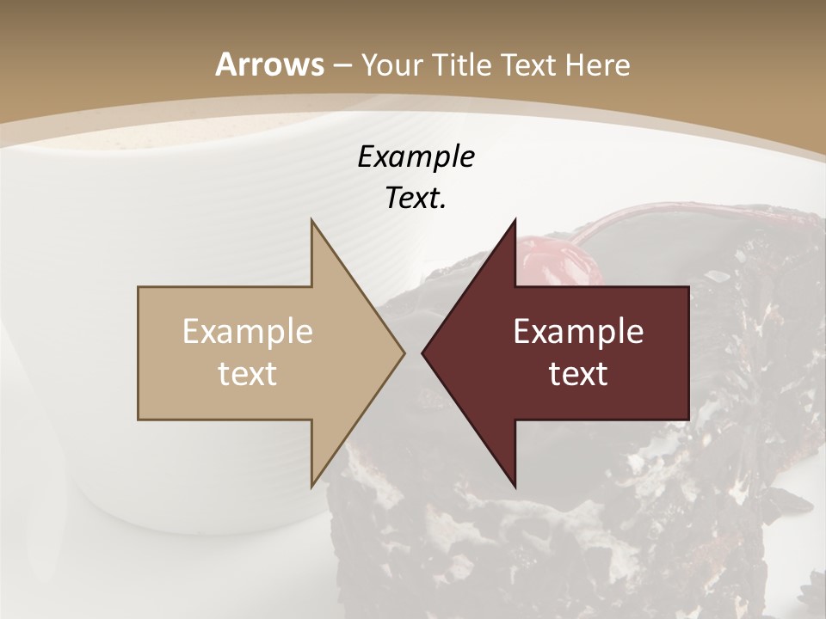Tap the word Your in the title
(388, 65)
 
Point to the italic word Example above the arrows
(416, 157)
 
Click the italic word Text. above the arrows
(416, 199)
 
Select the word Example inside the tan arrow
(248, 332)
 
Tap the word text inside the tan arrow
(248, 373)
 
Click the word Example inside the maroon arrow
(578, 332)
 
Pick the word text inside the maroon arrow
(578, 373)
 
